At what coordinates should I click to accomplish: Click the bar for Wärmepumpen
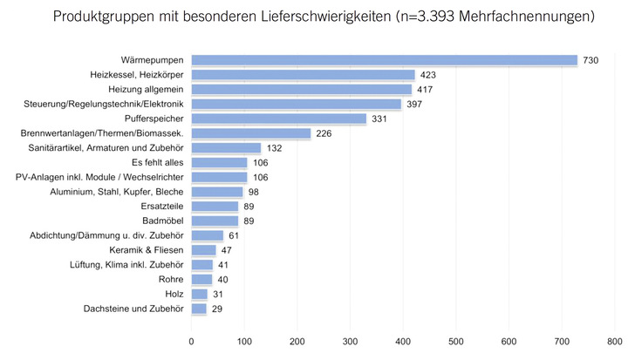click(x=384, y=60)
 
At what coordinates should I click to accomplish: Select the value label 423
click(x=427, y=75)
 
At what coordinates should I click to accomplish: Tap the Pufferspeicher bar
click(x=279, y=119)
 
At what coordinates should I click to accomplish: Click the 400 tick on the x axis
click(x=403, y=341)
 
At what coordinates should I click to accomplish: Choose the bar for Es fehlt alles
click(x=220, y=162)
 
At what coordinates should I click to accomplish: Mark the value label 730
click(x=591, y=60)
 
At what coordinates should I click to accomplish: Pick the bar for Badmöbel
click(x=215, y=221)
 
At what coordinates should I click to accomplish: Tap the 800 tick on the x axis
click(x=615, y=341)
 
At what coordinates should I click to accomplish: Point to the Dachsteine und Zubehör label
click(x=133, y=309)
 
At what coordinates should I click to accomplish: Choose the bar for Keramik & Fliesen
click(x=204, y=250)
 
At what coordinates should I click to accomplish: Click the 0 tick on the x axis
click(x=192, y=341)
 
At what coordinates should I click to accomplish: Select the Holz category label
click(x=173, y=294)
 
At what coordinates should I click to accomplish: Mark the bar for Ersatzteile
click(x=215, y=207)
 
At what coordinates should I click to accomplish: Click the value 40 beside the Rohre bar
click(x=222, y=280)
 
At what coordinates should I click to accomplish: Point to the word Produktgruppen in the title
click(x=103, y=17)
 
